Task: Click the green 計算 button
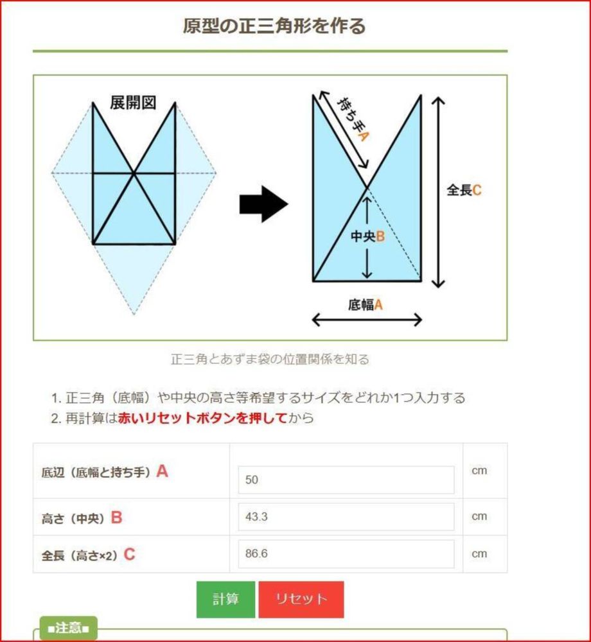coord(225,600)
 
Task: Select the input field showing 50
coord(346,480)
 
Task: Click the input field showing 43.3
coord(346,517)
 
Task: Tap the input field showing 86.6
coord(346,553)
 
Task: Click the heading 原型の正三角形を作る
coord(274,26)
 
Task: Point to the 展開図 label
coord(133,102)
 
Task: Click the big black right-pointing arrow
coord(264,204)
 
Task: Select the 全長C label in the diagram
coord(464,190)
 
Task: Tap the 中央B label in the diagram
coord(367,236)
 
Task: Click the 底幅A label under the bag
coord(366,304)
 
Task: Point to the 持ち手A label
coord(353,119)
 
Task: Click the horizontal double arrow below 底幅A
coord(367,320)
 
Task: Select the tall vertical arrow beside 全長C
coord(438,193)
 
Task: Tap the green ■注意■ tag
coord(68,628)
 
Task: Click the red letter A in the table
coord(162,471)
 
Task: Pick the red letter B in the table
coord(117,517)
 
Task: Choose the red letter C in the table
coord(129,555)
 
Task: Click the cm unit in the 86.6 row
coord(479,553)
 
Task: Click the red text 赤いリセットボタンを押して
coord(202,418)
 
